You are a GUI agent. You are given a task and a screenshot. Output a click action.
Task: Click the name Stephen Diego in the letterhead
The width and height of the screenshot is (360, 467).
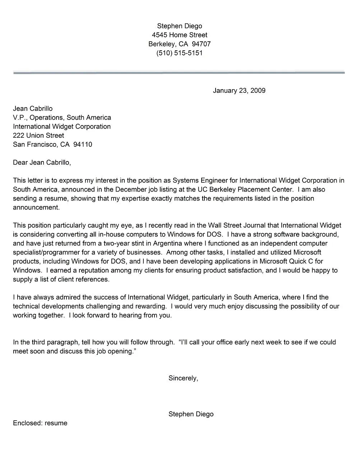[179, 26]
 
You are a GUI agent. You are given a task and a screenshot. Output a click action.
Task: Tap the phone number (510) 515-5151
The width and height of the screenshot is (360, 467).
[179, 53]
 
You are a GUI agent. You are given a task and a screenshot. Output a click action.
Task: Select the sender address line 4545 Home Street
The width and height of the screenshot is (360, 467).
[179, 35]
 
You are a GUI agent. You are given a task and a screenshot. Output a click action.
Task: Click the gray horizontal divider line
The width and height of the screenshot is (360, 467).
[179, 73]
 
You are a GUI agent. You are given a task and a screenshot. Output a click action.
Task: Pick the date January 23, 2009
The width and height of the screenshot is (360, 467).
[239, 91]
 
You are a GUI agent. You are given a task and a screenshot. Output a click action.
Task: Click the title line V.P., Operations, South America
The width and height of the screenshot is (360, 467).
[62, 118]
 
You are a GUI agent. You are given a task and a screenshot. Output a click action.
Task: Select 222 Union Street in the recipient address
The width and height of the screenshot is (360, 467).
[38, 136]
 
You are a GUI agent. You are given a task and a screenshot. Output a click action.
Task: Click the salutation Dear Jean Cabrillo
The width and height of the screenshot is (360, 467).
[42, 162]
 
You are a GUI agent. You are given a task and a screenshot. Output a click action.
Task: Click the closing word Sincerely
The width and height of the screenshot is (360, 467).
[183, 378]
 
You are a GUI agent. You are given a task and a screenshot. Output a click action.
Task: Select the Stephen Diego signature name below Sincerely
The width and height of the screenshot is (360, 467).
[191, 414]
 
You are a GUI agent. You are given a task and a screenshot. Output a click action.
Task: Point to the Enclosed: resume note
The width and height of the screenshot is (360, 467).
[40, 423]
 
